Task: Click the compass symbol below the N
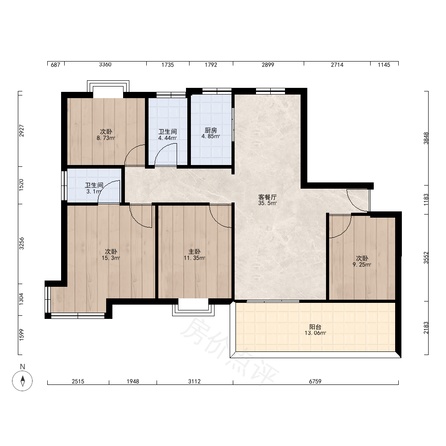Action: click(x=22, y=381)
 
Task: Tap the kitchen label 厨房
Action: click(x=211, y=130)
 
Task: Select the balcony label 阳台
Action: click(x=315, y=327)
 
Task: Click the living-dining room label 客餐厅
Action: click(x=267, y=197)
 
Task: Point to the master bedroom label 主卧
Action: click(x=194, y=252)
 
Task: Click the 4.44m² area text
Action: click(x=168, y=138)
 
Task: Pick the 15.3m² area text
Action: click(x=111, y=258)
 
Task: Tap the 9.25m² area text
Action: click(x=362, y=265)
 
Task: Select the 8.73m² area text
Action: click(x=106, y=138)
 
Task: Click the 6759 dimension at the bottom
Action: click(x=315, y=381)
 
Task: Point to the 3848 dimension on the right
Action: click(x=426, y=138)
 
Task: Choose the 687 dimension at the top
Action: click(x=55, y=65)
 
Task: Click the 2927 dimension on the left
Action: click(x=21, y=131)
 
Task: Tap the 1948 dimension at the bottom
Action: click(x=133, y=381)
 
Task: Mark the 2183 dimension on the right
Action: click(x=426, y=328)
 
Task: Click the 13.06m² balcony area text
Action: click(x=315, y=333)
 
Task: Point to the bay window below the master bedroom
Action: click(x=194, y=307)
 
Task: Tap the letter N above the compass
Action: click(x=22, y=367)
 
